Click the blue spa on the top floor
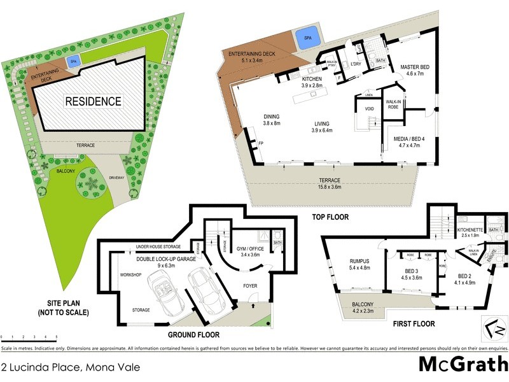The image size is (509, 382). [x=307, y=38]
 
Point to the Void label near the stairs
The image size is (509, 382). [x=369, y=109]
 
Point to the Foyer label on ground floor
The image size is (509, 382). [x=250, y=286]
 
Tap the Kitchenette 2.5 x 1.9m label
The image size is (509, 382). [x=472, y=232]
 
